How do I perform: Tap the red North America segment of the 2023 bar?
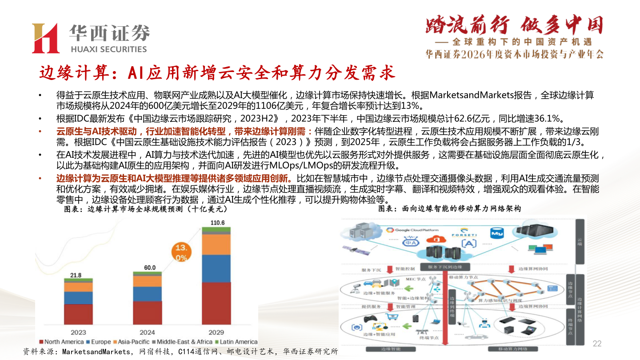(x=79, y=314)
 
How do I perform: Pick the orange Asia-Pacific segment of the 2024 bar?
(x=148, y=281)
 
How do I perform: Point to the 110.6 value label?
(x=216, y=223)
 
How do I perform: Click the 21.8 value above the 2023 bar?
(x=76, y=275)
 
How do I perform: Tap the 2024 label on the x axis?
(x=148, y=332)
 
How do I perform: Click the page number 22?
(x=597, y=344)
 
